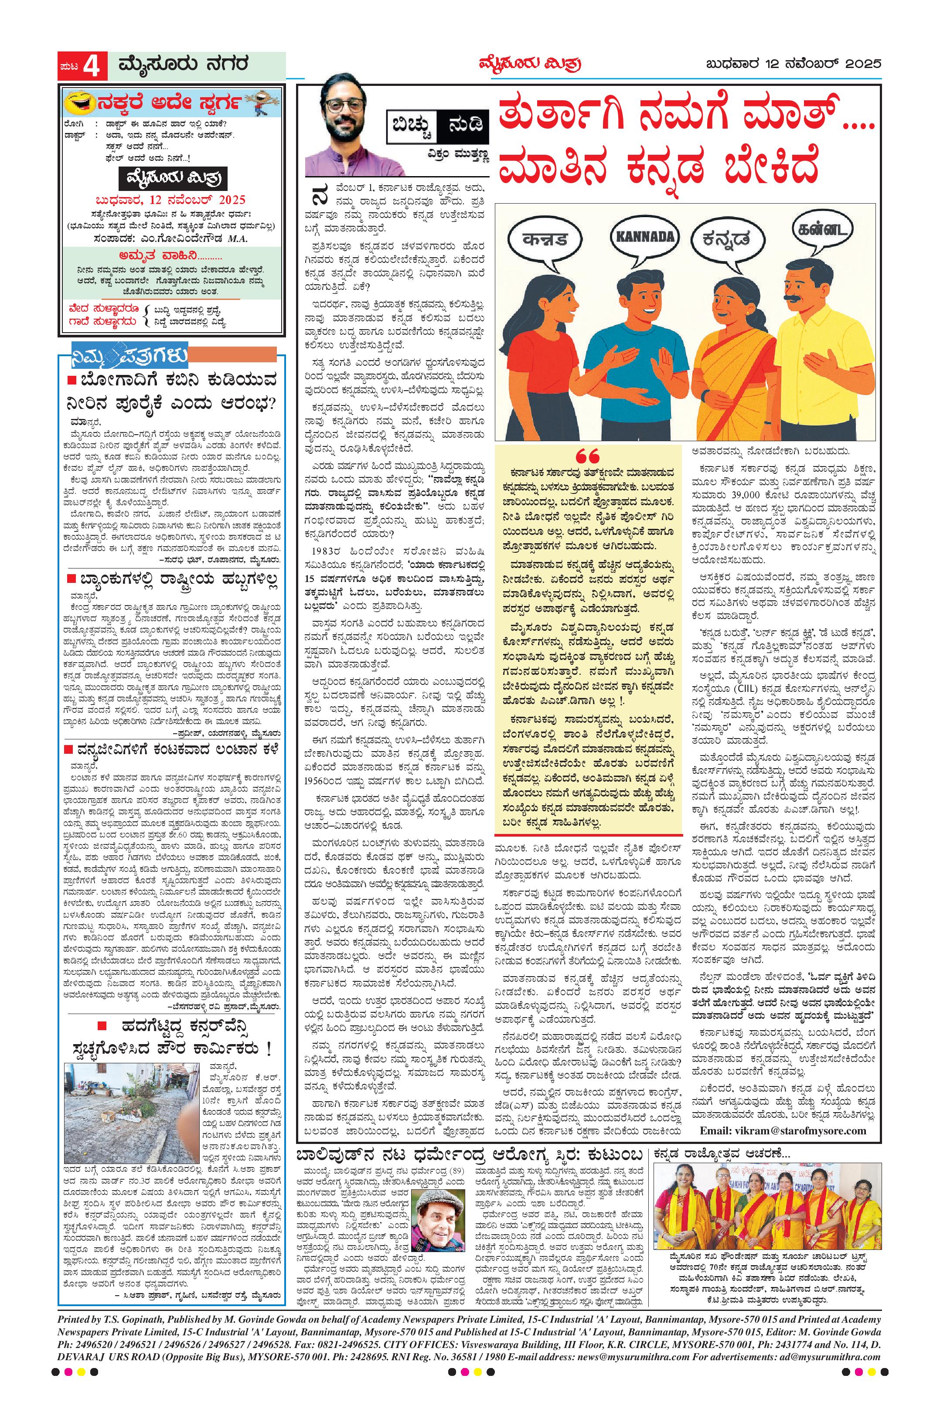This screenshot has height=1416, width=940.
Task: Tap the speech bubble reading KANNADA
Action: tap(644, 235)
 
